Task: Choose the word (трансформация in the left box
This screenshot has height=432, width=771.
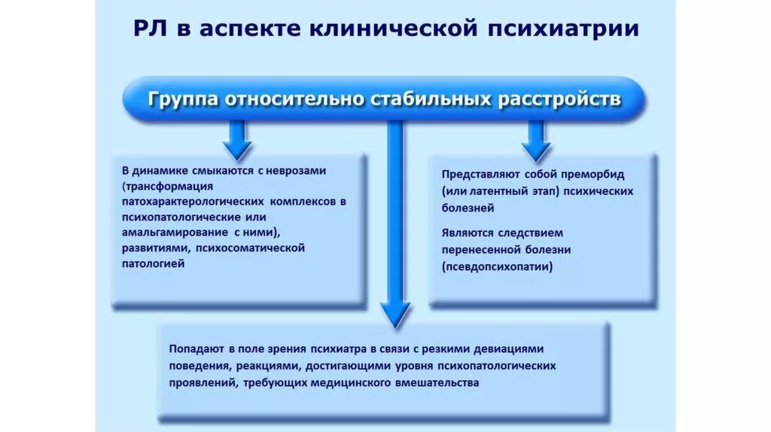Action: pos(167,187)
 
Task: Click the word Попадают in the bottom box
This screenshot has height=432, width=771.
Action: pos(195,349)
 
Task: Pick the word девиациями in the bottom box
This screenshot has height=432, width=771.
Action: pos(506,349)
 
